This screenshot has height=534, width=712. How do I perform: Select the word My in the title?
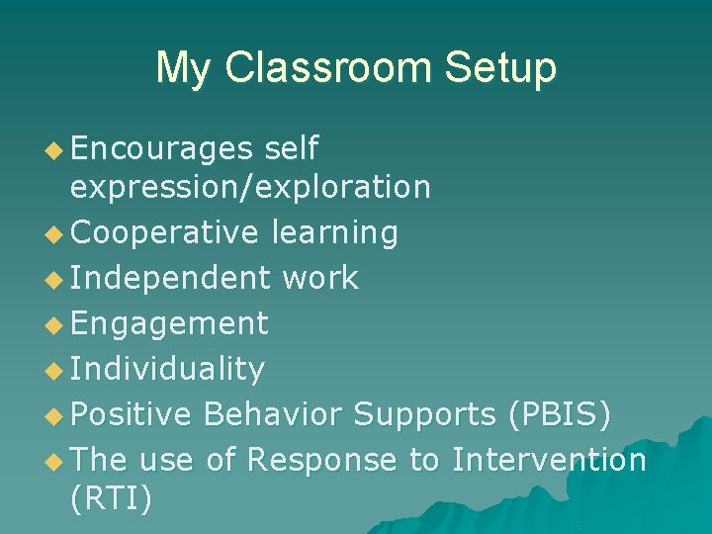pos(185,67)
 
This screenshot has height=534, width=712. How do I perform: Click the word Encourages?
pos(162,148)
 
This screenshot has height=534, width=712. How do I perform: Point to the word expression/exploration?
pos(250,186)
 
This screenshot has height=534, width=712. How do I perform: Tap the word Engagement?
pos(169,323)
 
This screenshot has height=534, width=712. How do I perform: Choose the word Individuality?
pos(167,369)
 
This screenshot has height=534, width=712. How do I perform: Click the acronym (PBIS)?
pos(559,414)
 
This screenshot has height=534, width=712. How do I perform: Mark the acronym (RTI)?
pos(112,498)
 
